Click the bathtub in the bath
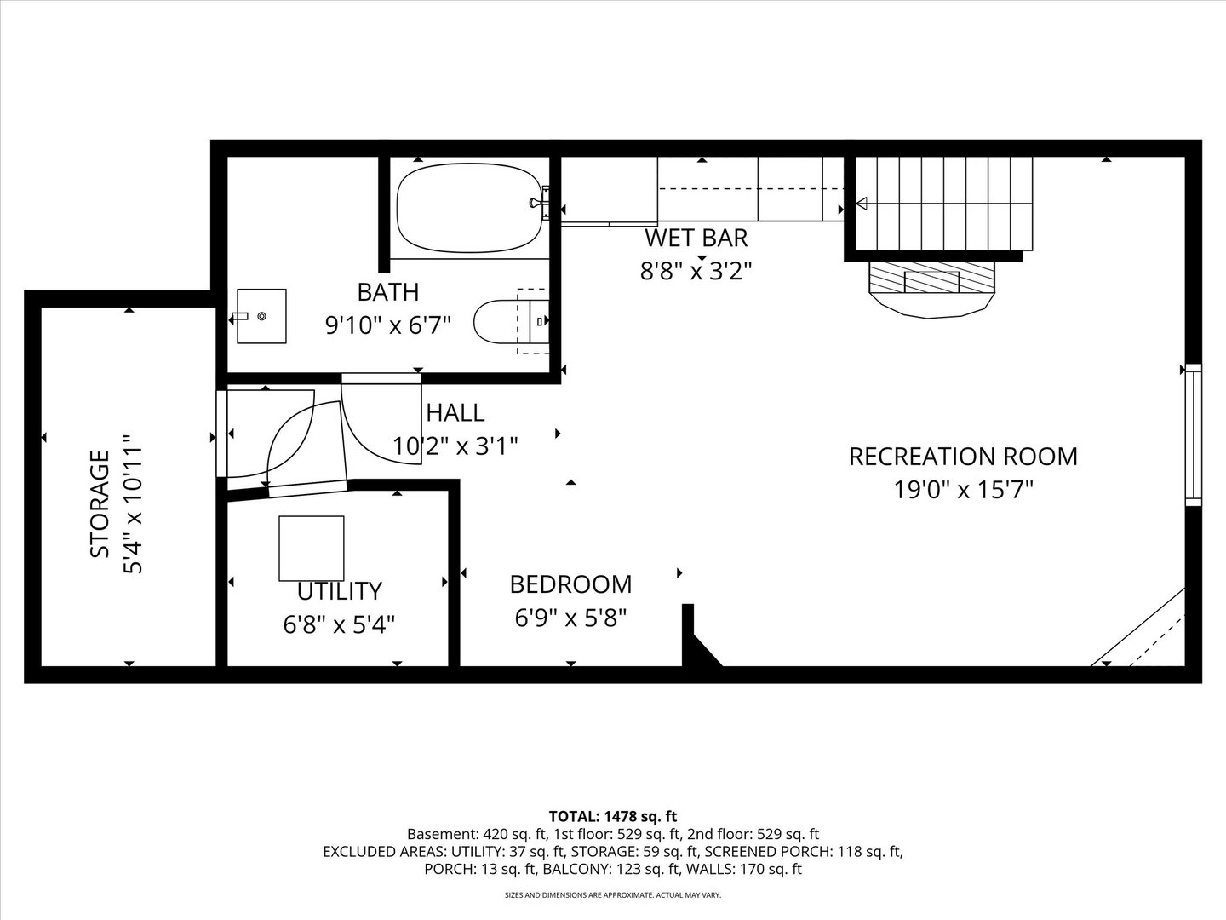pyautogui.click(x=469, y=208)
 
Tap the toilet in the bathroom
pyautogui.click(x=511, y=321)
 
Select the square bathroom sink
pyautogui.click(x=261, y=316)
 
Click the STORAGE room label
pyautogui.click(x=100, y=503)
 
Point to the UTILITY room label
pyautogui.click(x=340, y=591)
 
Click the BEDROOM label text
pyautogui.click(x=570, y=585)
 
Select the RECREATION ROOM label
pyautogui.click(x=964, y=457)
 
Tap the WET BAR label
pyautogui.click(x=696, y=238)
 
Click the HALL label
pyautogui.click(x=455, y=413)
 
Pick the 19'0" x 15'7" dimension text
pyautogui.click(x=964, y=491)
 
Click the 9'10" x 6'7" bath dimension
pyautogui.click(x=387, y=325)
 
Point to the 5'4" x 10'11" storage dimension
pyautogui.click(x=134, y=503)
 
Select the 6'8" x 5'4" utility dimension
pyautogui.click(x=339, y=624)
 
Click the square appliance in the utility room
pyautogui.click(x=312, y=549)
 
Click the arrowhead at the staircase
pyautogui.click(x=861, y=204)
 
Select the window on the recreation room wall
pyautogui.click(x=1193, y=434)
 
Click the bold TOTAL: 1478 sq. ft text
pyautogui.click(x=613, y=817)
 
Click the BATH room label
pyautogui.click(x=387, y=292)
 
